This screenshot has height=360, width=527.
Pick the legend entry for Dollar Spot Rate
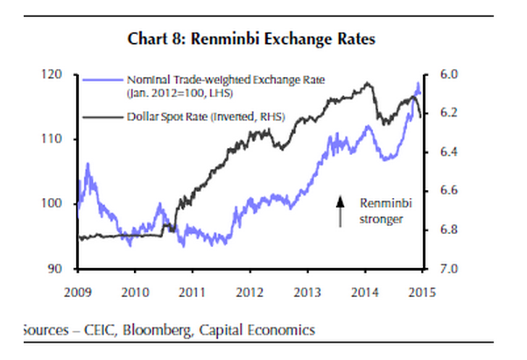(214, 114)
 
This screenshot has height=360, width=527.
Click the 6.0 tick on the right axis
(439, 75)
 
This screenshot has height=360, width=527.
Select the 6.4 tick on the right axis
(439, 152)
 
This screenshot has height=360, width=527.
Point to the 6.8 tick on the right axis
(439, 229)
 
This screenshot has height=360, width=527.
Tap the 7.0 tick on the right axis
(439, 268)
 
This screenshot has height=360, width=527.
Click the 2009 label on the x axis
(78, 290)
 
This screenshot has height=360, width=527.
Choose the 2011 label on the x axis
(193, 290)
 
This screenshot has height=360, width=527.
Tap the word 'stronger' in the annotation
(381, 220)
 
